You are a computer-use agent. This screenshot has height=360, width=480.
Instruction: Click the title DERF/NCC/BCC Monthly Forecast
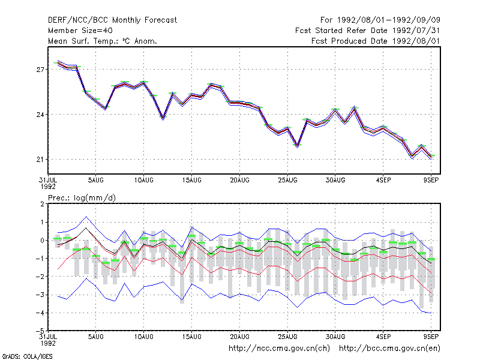pyautogui.click(x=112, y=20)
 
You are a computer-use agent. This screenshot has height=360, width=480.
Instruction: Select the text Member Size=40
pyautogui.click(x=80, y=31)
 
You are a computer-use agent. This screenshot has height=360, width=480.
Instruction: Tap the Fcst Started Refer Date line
pyautogui.click(x=368, y=31)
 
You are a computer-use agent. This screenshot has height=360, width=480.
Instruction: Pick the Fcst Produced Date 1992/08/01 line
pyautogui.click(x=376, y=41)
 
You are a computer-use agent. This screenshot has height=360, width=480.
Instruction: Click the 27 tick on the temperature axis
pyautogui.click(x=40, y=70)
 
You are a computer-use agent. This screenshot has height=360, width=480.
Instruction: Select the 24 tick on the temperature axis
pyautogui.click(x=40, y=115)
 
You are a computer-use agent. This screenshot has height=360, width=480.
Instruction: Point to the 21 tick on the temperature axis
pyautogui.click(x=40, y=160)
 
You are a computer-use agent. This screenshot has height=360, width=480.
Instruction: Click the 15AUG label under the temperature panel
pyautogui.click(x=191, y=181)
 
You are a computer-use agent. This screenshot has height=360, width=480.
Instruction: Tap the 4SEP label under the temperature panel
pyautogui.click(x=383, y=181)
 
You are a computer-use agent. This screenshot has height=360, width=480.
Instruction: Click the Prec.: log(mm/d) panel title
pyautogui.click(x=82, y=198)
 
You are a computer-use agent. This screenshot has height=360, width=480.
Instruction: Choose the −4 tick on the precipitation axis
pyautogui.click(x=40, y=313)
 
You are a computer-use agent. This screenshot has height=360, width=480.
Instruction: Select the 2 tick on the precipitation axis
pyautogui.click(x=42, y=204)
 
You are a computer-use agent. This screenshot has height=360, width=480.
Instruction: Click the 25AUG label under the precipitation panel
pyautogui.click(x=287, y=337)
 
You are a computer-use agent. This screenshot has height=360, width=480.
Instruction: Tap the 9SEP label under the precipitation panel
pyautogui.click(x=431, y=337)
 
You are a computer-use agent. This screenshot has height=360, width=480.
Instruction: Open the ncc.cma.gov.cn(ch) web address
pyautogui.click(x=279, y=349)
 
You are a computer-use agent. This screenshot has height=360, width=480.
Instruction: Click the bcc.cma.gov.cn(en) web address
pyautogui.click(x=389, y=349)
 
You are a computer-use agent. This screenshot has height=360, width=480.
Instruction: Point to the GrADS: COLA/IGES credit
pyautogui.click(x=27, y=356)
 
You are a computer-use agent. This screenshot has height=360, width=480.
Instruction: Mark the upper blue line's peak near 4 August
pyautogui.click(x=86, y=217)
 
